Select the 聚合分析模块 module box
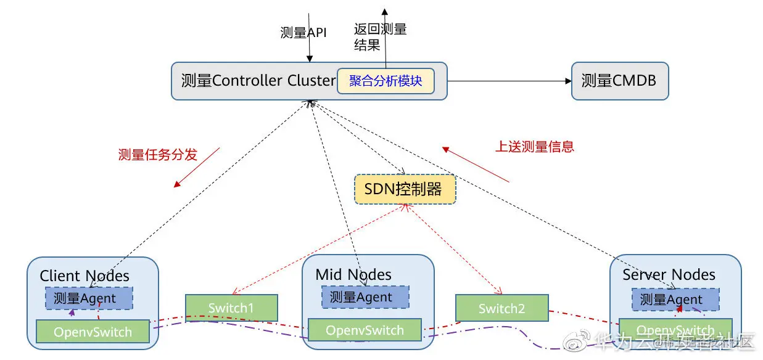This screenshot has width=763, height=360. pos(385,81)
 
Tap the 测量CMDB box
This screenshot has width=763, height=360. pos(619,81)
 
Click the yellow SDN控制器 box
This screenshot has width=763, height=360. pos(405,189)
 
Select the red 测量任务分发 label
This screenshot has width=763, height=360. pos(157,155)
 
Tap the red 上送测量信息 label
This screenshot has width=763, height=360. pos(534,147)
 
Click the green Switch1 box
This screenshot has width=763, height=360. pos(231,308)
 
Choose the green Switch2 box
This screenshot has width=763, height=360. pos(501,308)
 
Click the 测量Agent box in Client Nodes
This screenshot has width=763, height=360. pos(89,298)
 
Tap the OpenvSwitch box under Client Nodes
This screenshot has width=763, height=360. pos(93,332)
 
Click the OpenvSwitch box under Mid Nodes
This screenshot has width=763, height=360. pos(365,330)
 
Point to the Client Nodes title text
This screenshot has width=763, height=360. pos(85,276)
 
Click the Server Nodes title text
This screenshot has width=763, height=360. pos(669,274)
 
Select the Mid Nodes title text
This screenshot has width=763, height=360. pos(353,274)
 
